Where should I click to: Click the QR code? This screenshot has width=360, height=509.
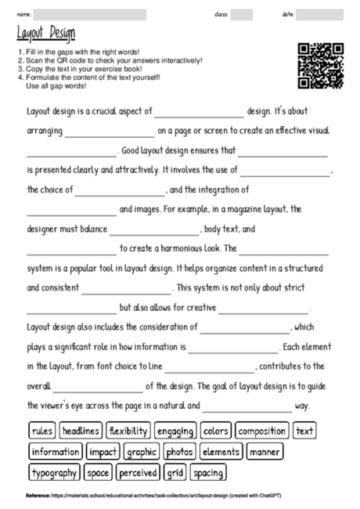tap(321, 65)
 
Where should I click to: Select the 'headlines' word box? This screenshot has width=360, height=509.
tap(80, 431)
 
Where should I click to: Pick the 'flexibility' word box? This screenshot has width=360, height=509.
tap(128, 431)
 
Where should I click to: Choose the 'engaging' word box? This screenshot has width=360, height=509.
tap(175, 431)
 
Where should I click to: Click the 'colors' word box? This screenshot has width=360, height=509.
tap(215, 431)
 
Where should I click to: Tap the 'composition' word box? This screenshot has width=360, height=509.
tap(262, 431)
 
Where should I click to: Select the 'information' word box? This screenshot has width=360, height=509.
tap(56, 452)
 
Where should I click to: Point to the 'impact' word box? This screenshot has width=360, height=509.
tap(103, 452)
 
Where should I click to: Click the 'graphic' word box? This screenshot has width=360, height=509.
tap(142, 452)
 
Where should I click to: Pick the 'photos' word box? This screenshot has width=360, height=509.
tap(180, 452)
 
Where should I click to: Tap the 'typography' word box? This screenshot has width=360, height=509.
tap(55, 473)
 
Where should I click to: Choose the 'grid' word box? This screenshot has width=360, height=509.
tap(175, 473)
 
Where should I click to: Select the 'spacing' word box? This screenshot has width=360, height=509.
tap(208, 473)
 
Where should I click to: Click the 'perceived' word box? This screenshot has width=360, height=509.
tap(138, 473)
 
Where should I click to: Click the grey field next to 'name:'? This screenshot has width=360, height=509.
tap(89, 14)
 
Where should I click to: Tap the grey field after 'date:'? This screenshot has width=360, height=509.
tap(320, 14)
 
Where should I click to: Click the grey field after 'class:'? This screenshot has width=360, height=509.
tap(242, 14)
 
